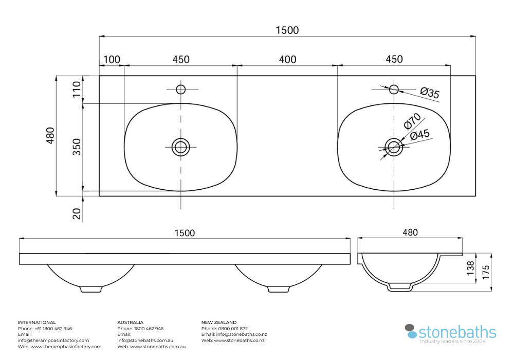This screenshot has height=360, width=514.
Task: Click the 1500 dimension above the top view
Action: pos(287,30)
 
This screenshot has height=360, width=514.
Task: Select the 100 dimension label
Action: pos(112,60)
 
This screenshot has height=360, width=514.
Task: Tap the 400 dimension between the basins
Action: pos(287,60)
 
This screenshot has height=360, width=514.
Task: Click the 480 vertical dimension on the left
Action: pos(50,135)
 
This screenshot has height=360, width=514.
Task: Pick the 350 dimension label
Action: pos(77,147)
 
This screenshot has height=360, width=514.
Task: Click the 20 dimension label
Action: pos(77,214)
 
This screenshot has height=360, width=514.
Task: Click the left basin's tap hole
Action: pos(180,89)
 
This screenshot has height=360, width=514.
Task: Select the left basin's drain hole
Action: pos(180,148)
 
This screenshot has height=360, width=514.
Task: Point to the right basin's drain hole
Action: pos(394,148)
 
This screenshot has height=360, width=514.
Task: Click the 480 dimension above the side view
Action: pos(410,232)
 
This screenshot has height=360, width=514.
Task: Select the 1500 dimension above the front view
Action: pos(185,233)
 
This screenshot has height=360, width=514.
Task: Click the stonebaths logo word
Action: pos(457,332)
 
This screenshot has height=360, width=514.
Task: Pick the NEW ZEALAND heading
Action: pos(219,322)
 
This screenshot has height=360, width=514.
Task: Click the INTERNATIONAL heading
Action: pos(37,322)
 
